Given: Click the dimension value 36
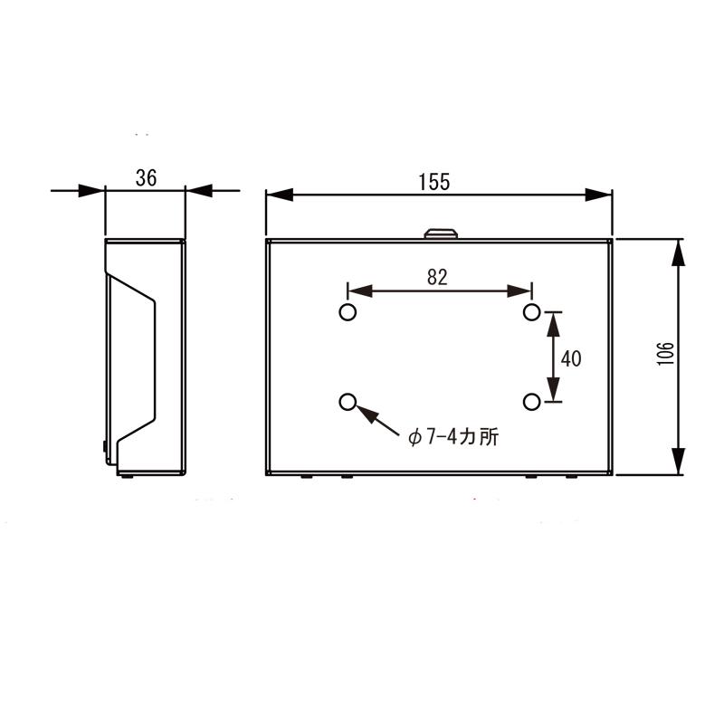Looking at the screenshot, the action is (146, 177).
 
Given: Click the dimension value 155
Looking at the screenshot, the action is (434, 182).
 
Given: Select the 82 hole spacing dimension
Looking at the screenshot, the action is (437, 277).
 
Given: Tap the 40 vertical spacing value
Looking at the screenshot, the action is (571, 358).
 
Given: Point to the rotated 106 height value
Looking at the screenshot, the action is (665, 354).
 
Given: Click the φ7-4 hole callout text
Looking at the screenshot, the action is (453, 436).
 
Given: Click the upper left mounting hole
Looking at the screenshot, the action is (348, 312).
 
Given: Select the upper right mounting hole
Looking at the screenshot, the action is (532, 312).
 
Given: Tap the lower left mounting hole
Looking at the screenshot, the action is (348, 402).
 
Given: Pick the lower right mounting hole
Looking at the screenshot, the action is (532, 402).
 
